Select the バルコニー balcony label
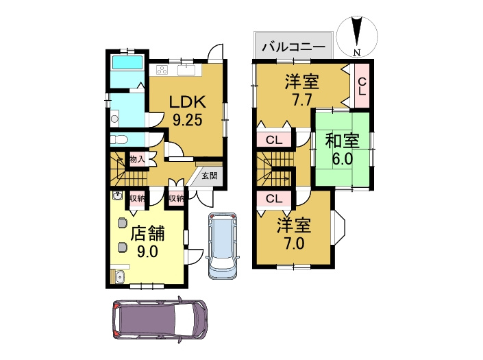293,48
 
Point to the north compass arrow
357,34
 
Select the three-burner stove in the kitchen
163,69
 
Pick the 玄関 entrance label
210,176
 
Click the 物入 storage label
137,160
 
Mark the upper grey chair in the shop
123,221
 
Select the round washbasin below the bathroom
114,118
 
